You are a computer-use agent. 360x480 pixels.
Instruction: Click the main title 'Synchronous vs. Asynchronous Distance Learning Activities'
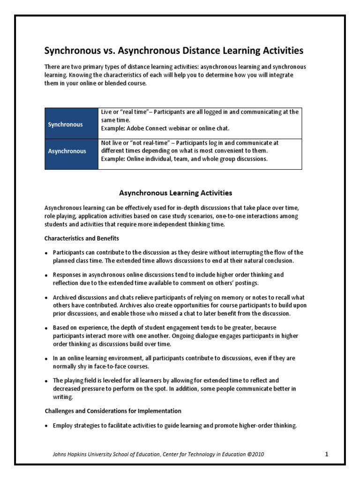[x=173, y=50]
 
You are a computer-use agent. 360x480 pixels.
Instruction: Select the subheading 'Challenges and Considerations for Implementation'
[x=113, y=411]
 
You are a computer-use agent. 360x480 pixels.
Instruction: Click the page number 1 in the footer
[x=326, y=454]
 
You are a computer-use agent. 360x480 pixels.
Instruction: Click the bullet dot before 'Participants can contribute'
[x=46, y=252]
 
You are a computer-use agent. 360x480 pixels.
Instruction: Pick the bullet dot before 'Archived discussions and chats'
[x=46, y=298]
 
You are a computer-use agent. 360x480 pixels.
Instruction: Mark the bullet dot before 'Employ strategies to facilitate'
[x=46, y=426]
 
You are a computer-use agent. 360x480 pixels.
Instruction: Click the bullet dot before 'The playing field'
[x=46, y=381]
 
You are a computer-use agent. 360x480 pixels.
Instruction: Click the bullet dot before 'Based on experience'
[x=46, y=328]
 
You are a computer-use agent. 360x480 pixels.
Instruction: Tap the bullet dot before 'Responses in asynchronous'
[x=46, y=275]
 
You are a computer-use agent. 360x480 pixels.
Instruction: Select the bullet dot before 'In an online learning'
[x=46, y=359]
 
